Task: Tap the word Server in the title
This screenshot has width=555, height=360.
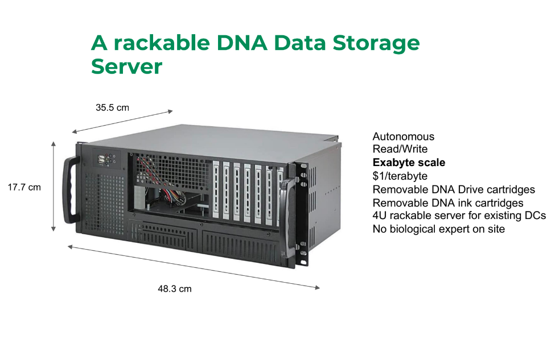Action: pos(126,66)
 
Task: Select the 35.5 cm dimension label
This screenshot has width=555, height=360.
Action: pos(112,107)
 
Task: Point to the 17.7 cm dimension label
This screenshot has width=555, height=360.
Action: pos(24,188)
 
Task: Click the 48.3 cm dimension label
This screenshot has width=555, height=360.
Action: pos(175,289)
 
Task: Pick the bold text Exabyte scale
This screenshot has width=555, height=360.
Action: pos(409,162)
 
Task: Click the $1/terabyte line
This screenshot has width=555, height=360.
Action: pos(400,176)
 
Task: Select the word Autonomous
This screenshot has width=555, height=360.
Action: pos(404,136)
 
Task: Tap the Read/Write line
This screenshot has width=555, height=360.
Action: pos(400,149)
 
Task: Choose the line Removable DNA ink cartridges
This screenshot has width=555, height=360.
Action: pos(448,203)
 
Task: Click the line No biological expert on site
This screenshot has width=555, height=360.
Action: pos(438,229)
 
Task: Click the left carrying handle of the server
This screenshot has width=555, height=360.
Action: pos(71,191)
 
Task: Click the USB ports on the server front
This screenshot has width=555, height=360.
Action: pos(101,160)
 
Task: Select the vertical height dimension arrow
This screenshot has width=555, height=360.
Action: pos(54,187)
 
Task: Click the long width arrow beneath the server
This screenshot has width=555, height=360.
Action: pos(194,267)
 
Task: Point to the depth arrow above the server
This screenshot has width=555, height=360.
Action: pos(122,122)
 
